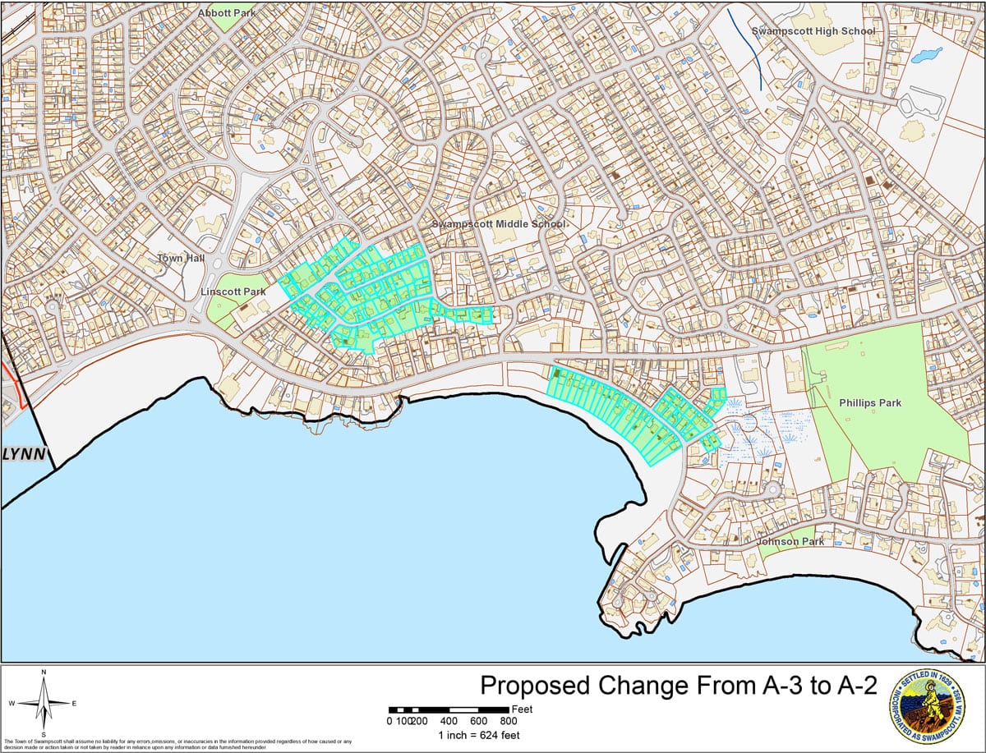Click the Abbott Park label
(227, 13)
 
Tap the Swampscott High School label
(813, 31)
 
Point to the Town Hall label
(182, 258)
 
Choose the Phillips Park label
(870, 403)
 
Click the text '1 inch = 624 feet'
(478, 735)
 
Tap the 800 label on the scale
(509, 721)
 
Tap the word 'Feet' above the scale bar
(522, 708)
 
